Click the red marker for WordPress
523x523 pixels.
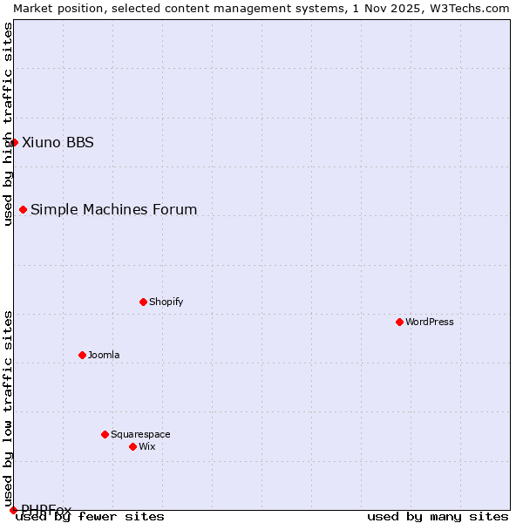[399, 322]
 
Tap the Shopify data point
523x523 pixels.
[143, 302]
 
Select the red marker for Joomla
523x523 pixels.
[82, 355]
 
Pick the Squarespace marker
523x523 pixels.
[105, 434]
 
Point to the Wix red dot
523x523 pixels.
[132, 446]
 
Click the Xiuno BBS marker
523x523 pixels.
[14, 142]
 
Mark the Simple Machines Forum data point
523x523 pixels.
[23, 209]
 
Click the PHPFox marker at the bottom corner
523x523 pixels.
[13, 510]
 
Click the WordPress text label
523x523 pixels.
[430, 322]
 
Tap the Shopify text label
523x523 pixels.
[166, 302]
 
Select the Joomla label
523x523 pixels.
[104, 355]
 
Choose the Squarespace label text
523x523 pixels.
[140, 434]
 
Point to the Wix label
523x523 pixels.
[146, 446]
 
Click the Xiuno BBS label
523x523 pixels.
[58, 142]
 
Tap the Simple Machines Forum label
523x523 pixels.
[113, 209]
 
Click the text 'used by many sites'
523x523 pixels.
[438, 516]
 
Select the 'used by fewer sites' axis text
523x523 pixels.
[90, 516]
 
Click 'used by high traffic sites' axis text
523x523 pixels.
[8, 124]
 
